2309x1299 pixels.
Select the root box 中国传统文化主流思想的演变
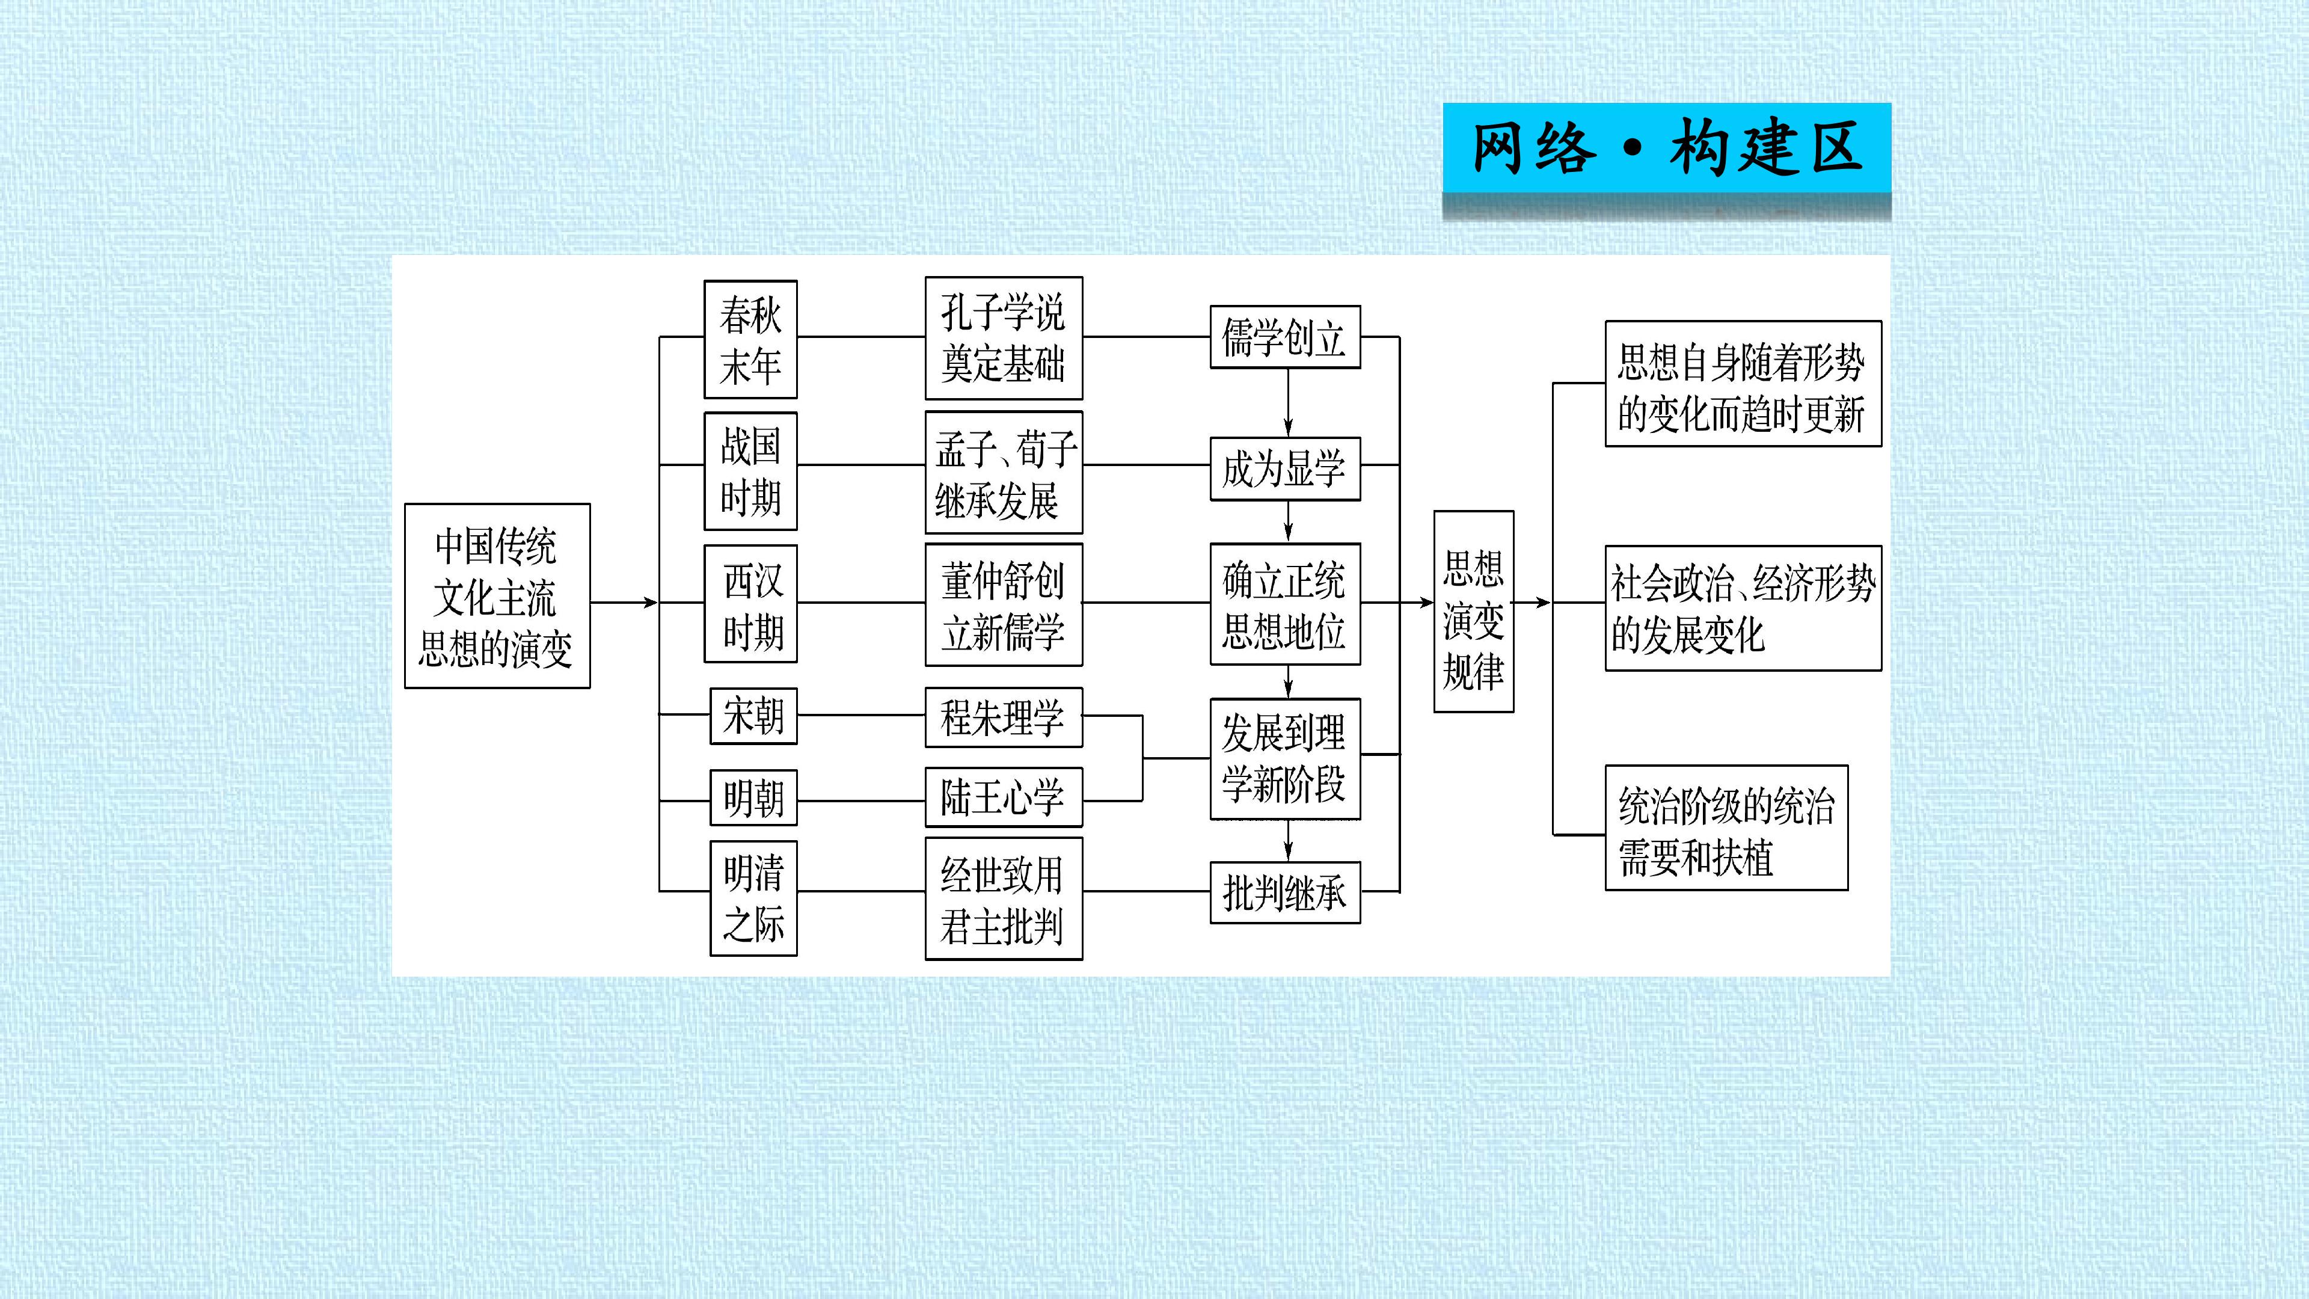coord(497,596)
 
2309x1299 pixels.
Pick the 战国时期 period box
coord(751,471)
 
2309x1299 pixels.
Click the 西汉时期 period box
coord(751,603)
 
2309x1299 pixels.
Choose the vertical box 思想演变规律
coord(1474,612)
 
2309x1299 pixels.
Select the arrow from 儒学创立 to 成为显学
coord(1288,402)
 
